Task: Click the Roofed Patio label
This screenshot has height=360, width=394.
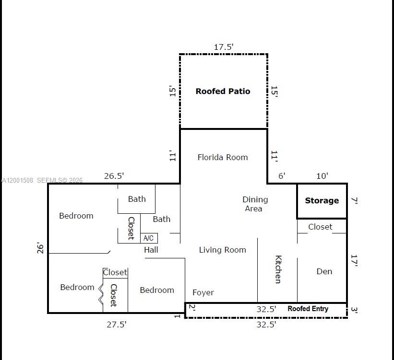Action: [x=223, y=91]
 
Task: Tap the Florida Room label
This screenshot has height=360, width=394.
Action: [x=223, y=157]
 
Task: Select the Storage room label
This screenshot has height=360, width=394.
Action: [x=322, y=201]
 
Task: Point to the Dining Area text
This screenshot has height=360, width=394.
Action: [x=254, y=204]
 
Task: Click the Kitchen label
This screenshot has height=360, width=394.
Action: [x=278, y=269]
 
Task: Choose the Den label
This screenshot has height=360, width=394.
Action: [x=324, y=271]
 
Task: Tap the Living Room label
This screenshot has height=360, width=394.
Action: [x=222, y=250]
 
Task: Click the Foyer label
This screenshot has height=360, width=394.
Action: [x=203, y=292]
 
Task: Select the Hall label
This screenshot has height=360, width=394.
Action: [x=151, y=250]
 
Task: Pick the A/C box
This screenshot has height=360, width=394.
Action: [x=149, y=238]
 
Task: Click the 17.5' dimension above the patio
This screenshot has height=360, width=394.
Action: [x=224, y=47]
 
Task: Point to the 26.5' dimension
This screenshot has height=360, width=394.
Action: [x=114, y=176]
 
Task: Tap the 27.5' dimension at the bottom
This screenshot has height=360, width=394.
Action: [x=117, y=325]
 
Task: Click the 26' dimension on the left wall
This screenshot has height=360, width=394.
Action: [x=41, y=248]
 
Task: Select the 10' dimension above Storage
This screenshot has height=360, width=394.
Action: [x=322, y=176]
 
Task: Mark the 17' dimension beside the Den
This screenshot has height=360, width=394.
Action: [x=355, y=261]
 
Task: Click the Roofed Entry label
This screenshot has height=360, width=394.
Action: [x=308, y=309]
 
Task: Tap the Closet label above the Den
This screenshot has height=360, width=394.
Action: [x=320, y=227]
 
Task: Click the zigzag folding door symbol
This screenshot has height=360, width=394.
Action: [x=101, y=294]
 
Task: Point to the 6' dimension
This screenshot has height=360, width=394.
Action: [x=282, y=176]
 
